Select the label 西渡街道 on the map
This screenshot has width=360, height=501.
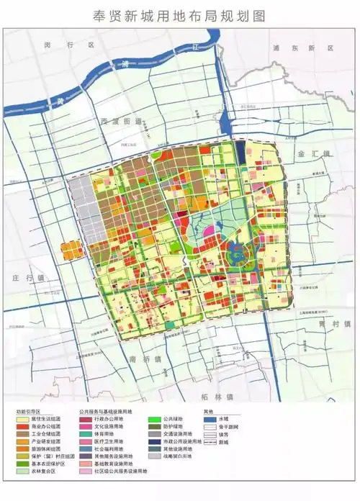click(120, 122)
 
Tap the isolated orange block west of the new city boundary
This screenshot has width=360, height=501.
click(71, 251)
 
